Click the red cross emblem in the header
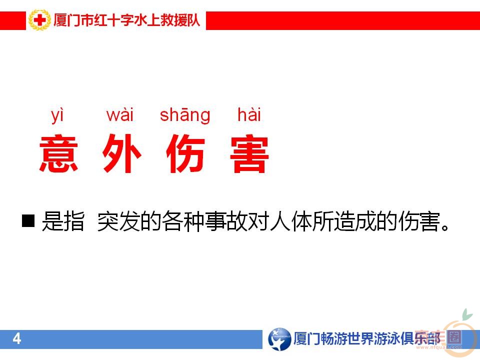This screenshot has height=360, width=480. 39,21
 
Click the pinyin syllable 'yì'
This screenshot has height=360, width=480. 58,115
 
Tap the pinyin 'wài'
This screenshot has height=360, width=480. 120,115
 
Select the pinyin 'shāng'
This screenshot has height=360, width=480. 185,115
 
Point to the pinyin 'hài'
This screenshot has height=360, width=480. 249,115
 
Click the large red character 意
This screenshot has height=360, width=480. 59,153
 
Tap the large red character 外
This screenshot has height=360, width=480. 121,153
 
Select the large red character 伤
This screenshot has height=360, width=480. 185,153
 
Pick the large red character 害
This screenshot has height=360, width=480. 249,153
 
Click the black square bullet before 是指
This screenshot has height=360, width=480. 28,221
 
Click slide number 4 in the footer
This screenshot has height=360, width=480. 17,339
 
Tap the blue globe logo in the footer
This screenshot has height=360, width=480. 279,339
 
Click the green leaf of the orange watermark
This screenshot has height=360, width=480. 466,315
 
